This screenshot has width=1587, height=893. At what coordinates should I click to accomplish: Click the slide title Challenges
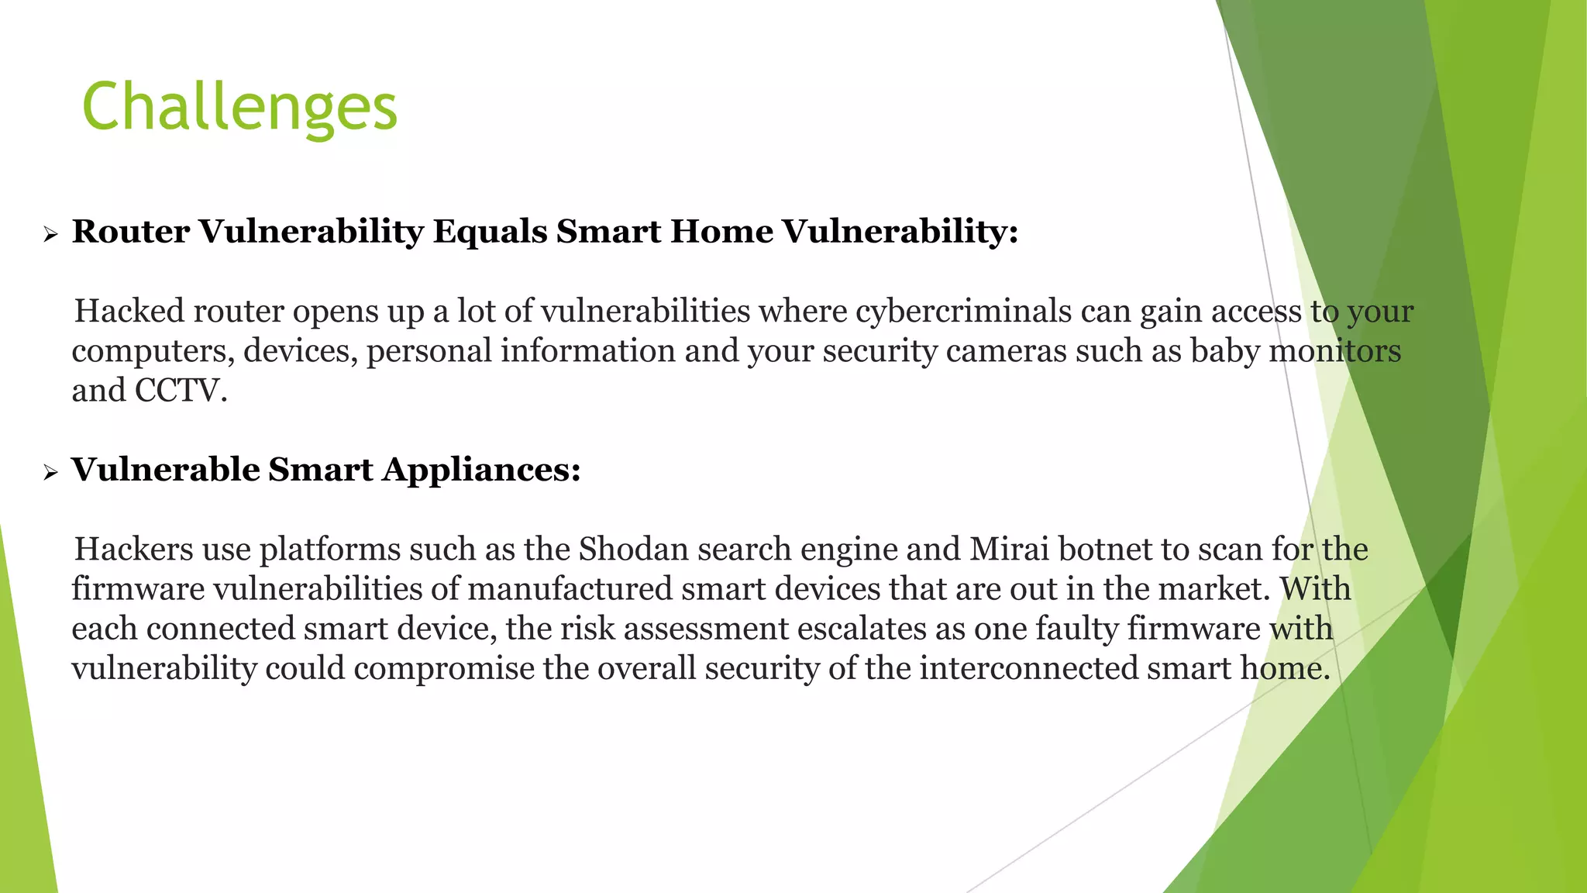(x=239, y=108)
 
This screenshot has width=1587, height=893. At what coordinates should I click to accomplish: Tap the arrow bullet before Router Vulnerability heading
(x=51, y=234)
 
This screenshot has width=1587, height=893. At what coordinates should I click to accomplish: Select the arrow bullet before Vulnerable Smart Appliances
(x=51, y=472)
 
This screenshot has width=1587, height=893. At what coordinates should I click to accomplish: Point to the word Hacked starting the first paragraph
(x=129, y=312)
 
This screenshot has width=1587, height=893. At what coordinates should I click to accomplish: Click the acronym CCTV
(x=181, y=391)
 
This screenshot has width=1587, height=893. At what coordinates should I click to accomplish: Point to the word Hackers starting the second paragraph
(x=133, y=550)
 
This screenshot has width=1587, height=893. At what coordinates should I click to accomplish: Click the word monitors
(x=1334, y=351)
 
